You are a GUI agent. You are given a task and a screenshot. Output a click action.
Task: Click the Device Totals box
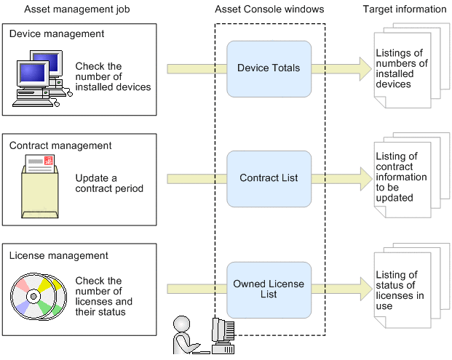pos(269,68)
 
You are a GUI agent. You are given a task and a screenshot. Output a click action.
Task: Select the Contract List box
pos(269,178)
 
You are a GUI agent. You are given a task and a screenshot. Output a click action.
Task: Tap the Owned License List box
pos(269,289)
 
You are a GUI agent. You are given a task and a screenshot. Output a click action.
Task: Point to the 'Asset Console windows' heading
pos(269,9)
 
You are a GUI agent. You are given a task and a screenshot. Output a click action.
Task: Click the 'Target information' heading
pos(404,9)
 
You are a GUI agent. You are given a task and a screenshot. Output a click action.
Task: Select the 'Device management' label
pos(57,34)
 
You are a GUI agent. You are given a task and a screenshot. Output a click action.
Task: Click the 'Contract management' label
pos(60,145)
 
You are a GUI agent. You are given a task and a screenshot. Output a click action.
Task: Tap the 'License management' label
pos(59,256)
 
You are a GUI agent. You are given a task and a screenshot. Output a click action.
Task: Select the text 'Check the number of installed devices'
pos(113,77)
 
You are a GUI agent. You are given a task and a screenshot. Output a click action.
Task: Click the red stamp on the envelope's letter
pos(49,162)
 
